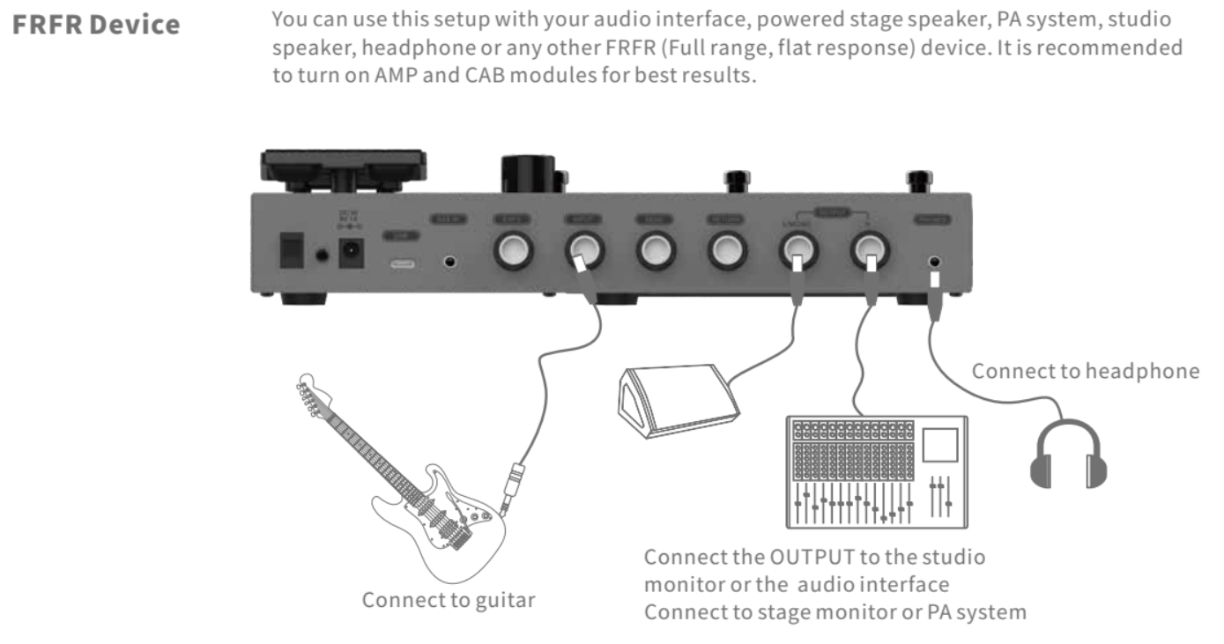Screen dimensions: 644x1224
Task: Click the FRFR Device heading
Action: [96, 25]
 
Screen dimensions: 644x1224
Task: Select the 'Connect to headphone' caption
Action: [1085, 371]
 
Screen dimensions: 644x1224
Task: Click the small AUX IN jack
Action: [450, 262]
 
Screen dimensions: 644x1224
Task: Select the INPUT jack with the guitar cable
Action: [583, 252]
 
